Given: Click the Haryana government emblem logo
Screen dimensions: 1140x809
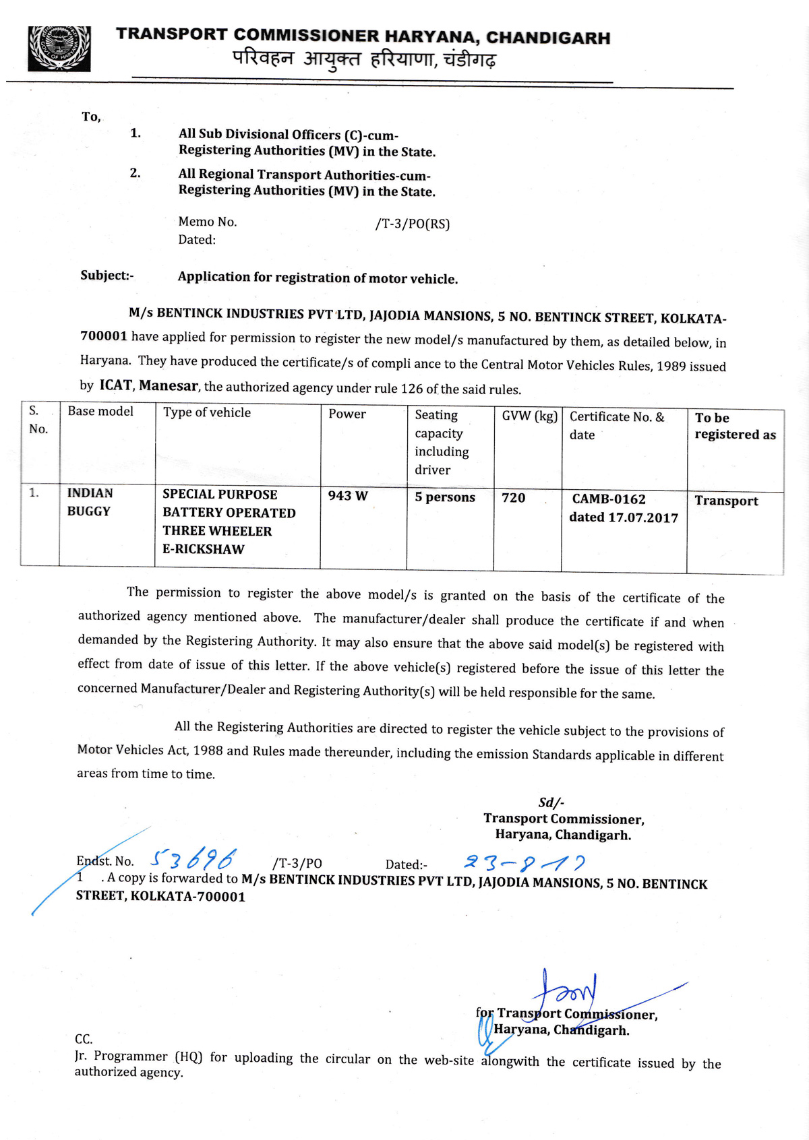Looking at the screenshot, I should tap(59, 49).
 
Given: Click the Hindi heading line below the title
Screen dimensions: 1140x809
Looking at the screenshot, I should tap(364, 59).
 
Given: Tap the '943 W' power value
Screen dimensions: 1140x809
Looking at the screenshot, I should tap(348, 496).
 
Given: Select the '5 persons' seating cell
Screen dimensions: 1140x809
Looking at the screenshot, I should tap(445, 497).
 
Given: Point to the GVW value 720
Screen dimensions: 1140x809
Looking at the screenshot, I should tap(513, 498).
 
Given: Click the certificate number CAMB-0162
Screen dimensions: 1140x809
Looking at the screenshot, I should tap(609, 499).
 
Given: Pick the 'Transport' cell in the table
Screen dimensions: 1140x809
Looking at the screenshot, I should tap(726, 501).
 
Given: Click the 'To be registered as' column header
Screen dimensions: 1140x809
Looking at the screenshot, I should tap(735, 426).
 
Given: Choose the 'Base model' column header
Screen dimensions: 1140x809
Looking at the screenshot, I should tap(100, 411).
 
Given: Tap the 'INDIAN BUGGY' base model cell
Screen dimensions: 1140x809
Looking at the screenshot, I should tap(90, 502).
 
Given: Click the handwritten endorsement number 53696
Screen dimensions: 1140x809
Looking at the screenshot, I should tap(193, 859).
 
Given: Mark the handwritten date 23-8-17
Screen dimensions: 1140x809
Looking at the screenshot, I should tap(524, 862).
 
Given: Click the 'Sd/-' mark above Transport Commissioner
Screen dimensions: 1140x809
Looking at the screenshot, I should tap(551, 802).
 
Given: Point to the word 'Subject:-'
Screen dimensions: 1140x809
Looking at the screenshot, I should tap(107, 275).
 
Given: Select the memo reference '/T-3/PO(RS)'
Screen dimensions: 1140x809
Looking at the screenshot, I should tap(412, 224).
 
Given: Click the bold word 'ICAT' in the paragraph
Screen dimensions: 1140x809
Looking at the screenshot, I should tap(116, 385).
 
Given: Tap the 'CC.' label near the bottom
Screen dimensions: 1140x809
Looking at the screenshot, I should tap(84, 1039).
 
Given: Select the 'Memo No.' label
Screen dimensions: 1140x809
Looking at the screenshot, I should tap(208, 222).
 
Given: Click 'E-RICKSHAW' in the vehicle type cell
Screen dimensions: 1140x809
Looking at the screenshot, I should tap(203, 549).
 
